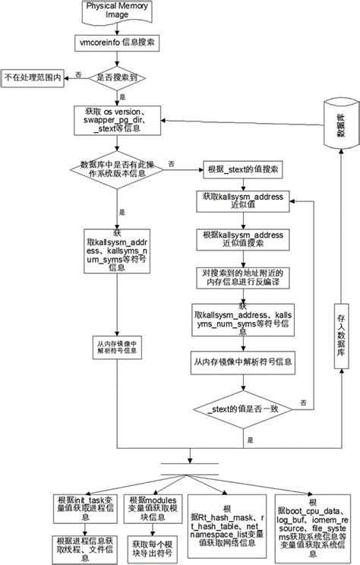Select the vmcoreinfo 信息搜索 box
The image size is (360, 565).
point(117,44)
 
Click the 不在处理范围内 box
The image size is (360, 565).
point(32,77)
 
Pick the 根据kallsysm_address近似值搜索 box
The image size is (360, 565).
point(243,238)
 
